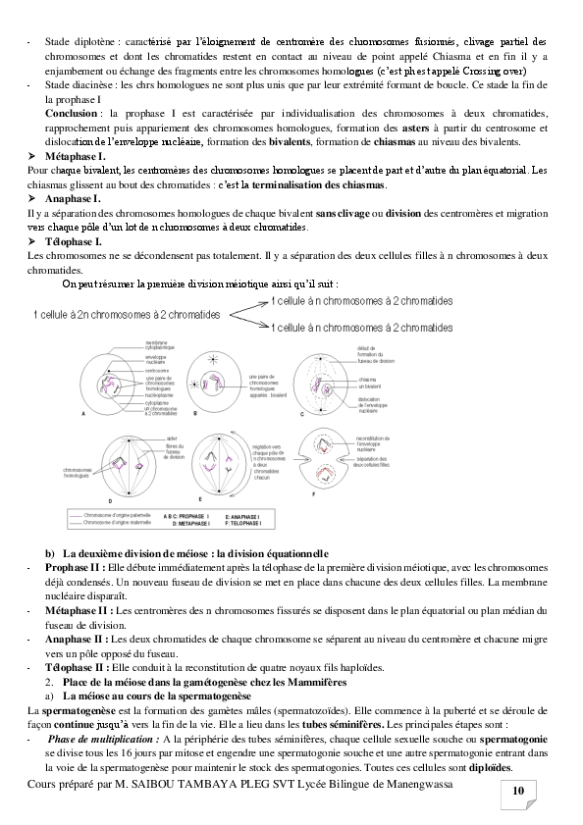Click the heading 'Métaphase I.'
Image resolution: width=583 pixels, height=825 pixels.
click(x=78, y=157)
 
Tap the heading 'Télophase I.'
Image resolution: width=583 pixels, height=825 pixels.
click(x=75, y=241)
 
